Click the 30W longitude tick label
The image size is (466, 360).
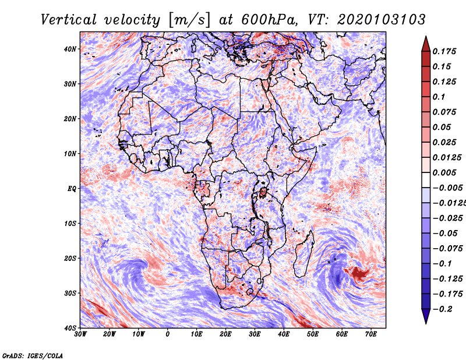pos(80,334)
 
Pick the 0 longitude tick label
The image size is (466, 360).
pos(168,334)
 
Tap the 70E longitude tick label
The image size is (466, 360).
pos(371,334)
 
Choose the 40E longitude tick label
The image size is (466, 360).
pos(284,334)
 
